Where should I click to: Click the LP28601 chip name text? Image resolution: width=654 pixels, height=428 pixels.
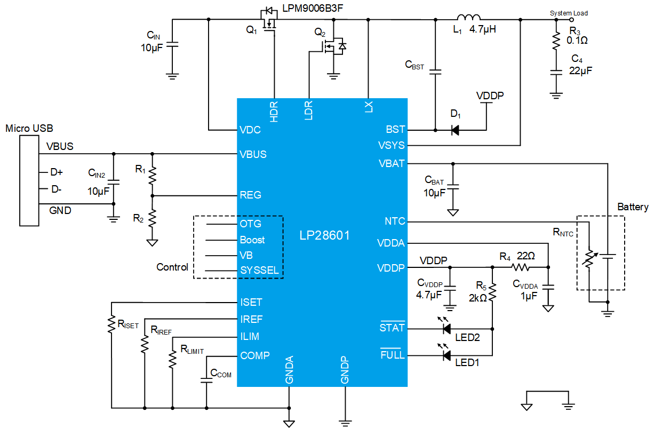point(324,235)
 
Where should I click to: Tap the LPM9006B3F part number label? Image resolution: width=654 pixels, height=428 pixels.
point(313,8)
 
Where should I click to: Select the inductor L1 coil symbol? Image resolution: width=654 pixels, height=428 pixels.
point(468,17)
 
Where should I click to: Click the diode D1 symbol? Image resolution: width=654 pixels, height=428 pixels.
point(455,130)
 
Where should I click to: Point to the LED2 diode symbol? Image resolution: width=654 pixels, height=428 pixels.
point(446,329)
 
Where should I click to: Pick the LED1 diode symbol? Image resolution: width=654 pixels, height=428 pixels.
point(446,355)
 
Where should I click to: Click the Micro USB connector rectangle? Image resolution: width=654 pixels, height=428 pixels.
point(29,180)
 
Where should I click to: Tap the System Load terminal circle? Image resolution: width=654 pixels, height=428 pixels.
point(571,20)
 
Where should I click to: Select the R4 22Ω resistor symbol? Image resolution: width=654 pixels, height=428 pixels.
point(520,267)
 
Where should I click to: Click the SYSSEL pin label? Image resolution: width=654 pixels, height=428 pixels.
point(259,270)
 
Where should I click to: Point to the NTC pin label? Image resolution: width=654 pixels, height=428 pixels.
point(395,221)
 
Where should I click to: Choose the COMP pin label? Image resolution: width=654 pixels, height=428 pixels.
point(255,355)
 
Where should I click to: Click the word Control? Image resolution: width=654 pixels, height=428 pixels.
point(172,267)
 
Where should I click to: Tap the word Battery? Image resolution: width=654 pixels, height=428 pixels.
point(633,207)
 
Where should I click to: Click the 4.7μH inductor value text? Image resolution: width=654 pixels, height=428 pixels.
point(483,29)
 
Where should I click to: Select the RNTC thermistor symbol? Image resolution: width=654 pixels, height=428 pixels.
point(589,258)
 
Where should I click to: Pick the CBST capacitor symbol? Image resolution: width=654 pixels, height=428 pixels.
point(435,72)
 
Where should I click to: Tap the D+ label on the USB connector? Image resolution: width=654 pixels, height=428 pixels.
point(57,172)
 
